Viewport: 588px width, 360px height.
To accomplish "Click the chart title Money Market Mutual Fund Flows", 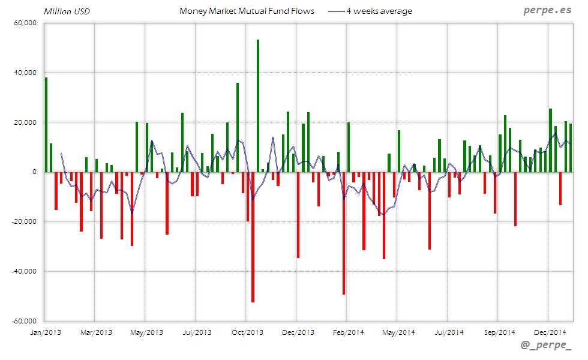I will pos(247,11).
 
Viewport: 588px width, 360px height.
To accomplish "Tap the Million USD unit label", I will pos(67,11).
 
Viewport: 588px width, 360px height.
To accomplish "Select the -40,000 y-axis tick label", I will pos(24,271).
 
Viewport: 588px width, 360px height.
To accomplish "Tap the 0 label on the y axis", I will pos(34,172).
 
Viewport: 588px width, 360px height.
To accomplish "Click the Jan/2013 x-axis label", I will pos(45,332).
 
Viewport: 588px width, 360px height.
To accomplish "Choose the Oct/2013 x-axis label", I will pos(247,332).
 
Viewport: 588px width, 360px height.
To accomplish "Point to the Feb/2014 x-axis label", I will pos(348,332).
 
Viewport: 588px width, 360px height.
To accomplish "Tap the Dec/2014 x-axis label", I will pos(550,332).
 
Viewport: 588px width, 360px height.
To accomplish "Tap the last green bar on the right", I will pos(571,148).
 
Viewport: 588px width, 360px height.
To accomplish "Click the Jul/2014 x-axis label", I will pos(449,332).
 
